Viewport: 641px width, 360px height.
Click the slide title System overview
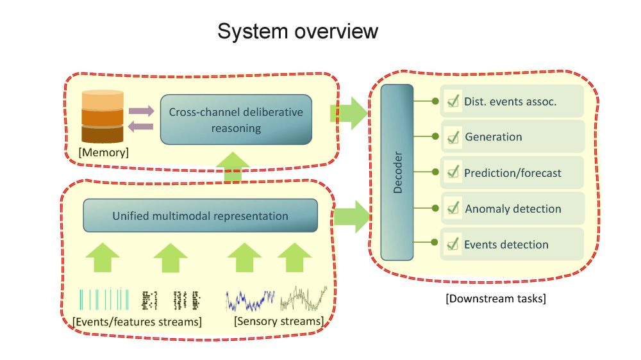297,31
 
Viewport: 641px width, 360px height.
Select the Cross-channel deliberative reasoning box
235,119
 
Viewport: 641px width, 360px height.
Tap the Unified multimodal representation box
201,216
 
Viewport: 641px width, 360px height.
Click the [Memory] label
103,152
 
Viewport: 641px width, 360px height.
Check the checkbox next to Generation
453,137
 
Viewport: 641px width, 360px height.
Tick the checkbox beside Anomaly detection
453,209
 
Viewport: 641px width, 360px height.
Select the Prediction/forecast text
512,173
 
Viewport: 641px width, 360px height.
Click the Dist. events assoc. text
510,101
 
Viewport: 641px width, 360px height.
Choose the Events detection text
506,245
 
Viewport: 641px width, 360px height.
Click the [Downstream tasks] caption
495,299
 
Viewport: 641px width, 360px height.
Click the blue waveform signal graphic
250,299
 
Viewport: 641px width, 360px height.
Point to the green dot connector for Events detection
436,244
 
